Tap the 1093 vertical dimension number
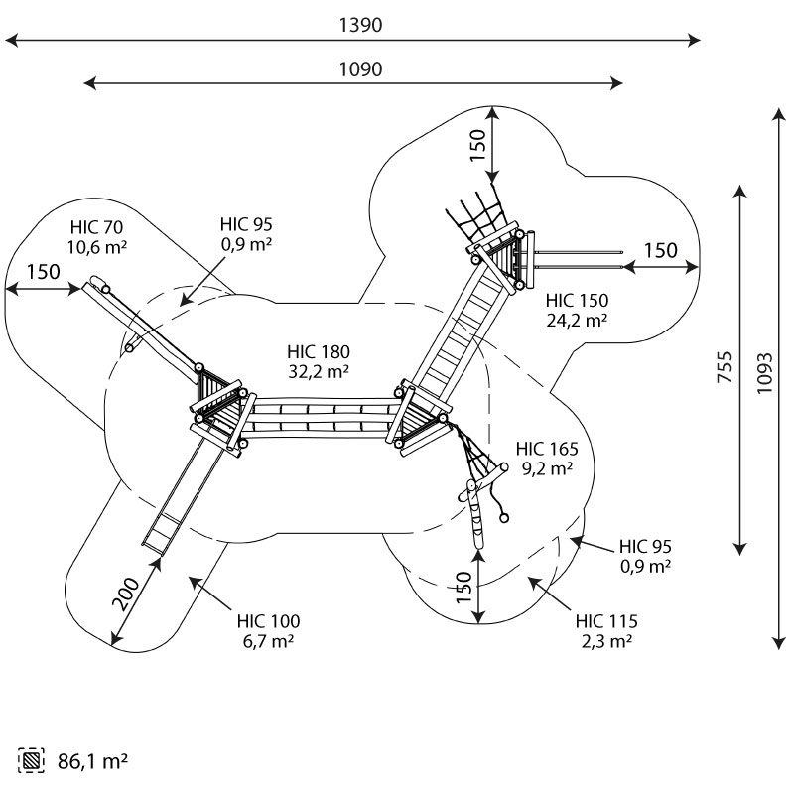click(766, 372)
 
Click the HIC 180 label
click(319, 352)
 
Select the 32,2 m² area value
click(319, 372)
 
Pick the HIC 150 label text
click(577, 300)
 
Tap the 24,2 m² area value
click(577, 320)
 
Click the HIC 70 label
click(97, 226)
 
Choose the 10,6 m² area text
click(97, 246)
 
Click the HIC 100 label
click(268, 621)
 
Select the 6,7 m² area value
click(268, 641)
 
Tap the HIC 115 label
click(606, 621)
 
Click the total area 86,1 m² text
click(90, 762)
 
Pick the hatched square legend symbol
click(32, 762)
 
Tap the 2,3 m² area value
click(606, 641)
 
